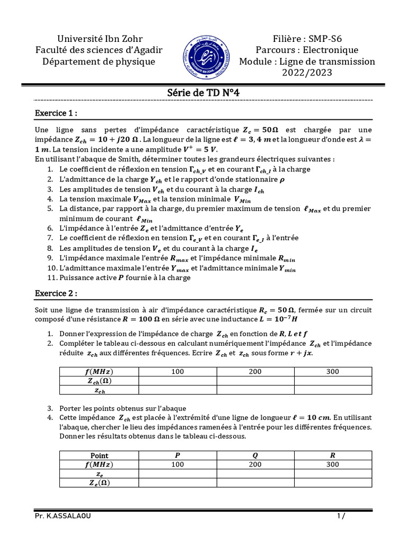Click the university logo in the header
click(x=203, y=55)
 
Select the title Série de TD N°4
click(x=203, y=92)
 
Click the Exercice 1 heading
click(x=56, y=113)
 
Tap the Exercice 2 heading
click(x=56, y=293)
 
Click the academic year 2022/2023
click(x=307, y=73)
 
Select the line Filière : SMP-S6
click(x=307, y=38)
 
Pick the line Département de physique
click(x=99, y=62)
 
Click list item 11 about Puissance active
click(x=125, y=277)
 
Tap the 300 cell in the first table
click(x=333, y=371)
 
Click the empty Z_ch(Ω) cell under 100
click(x=178, y=381)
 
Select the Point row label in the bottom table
click(x=99, y=455)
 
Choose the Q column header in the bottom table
click(x=255, y=455)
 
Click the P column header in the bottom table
click(x=178, y=455)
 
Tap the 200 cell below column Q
click(x=255, y=464)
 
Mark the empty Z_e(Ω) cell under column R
click(x=333, y=483)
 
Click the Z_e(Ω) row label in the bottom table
click(x=99, y=483)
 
